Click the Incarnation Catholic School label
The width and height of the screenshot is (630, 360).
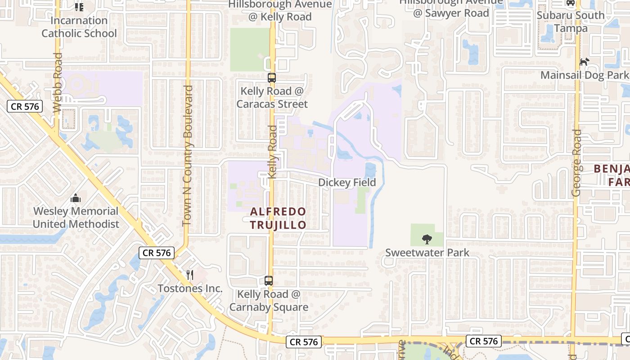pyautogui.click(x=79, y=27)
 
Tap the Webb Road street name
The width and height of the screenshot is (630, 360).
pyautogui.click(x=57, y=83)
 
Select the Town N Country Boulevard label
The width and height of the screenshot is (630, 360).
pyautogui.click(x=188, y=155)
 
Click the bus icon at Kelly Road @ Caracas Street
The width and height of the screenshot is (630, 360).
pyautogui.click(x=272, y=77)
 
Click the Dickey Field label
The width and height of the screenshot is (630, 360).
pyautogui.click(x=347, y=182)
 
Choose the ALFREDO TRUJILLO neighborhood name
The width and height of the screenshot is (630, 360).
pyautogui.click(x=278, y=218)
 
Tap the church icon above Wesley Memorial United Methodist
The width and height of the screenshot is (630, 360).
pyautogui.click(x=76, y=198)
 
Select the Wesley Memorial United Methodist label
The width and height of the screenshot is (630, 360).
pyautogui.click(x=76, y=217)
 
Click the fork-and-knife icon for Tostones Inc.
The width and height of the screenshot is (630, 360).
pyautogui.click(x=190, y=274)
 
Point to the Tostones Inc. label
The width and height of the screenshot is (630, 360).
pyautogui.click(x=190, y=288)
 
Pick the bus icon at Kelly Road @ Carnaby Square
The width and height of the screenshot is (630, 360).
pyautogui.click(x=269, y=281)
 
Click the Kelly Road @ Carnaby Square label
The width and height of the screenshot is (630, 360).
pyautogui.click(x=269, y=301)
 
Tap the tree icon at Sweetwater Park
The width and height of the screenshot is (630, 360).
pyautogui.click(x=427, y=239)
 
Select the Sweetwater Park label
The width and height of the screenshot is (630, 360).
pyautogui.click(x=427, y=253)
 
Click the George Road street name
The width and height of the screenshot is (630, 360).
pyautogui.click(x=576, y=163)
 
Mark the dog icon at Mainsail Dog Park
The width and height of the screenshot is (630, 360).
pyautogui.click(x=584, y=62)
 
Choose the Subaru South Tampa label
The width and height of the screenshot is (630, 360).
pyautogui.click(x=571, y=22)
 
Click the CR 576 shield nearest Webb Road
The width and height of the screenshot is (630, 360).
pyautogui.click(x=25, y=107)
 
